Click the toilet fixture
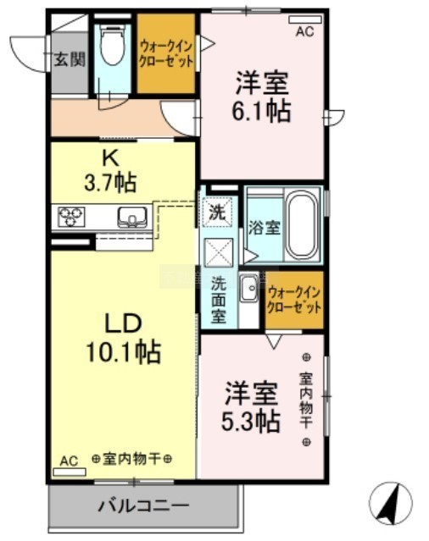click(112, 45)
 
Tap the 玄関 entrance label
click(70, 59)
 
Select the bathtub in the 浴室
click(303, 224)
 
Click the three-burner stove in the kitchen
click(71, 217)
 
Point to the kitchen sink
click(132, 217)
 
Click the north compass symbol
click(391, 503)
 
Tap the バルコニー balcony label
click(143, 506)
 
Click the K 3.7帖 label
click(110, 172)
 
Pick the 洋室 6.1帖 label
click(261, 97)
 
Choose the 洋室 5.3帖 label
click(251, 407)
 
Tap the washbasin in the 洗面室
click(248, 289)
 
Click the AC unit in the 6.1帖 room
click(305, 19)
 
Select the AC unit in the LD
click(69, 472)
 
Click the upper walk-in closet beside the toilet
click(166, 53)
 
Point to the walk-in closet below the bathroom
click(294, 300)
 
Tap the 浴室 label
click(265, 228)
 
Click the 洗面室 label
click(219, 300)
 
